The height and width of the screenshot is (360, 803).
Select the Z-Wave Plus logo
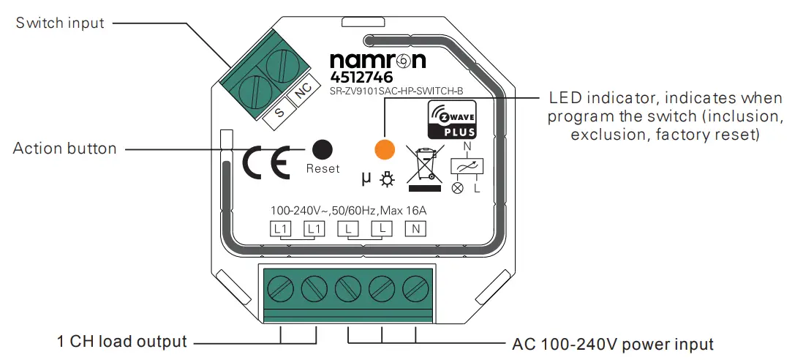(x=452, y=120)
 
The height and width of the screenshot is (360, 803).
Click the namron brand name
(x=377, y=60)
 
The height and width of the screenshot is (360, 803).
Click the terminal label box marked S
(x=279, y=113)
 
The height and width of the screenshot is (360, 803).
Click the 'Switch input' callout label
(x=61, y=23)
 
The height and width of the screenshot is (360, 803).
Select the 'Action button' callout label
(x=65, y=149)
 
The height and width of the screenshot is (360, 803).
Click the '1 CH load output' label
(x=122, y=342)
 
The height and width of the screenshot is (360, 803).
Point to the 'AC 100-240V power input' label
(x=613, y=343)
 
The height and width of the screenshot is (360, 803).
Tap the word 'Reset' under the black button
(x=323, y=168)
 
